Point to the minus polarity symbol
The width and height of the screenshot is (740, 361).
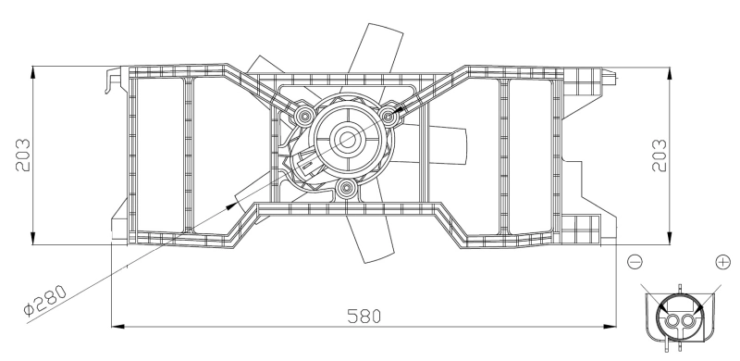[x=635, y=263]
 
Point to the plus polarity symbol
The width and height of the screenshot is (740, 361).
[x=721, y=263]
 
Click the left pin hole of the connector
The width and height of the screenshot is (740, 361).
[x=670, y=320]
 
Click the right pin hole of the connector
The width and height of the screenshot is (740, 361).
[x=686, y=320]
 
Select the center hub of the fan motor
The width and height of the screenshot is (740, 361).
[x=348, y=140]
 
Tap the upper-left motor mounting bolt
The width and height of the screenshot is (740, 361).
[x=305, y=115]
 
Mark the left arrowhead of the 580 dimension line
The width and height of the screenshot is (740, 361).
[x=116, y=326]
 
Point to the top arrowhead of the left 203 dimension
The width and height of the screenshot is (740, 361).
[x=33, y=70]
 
